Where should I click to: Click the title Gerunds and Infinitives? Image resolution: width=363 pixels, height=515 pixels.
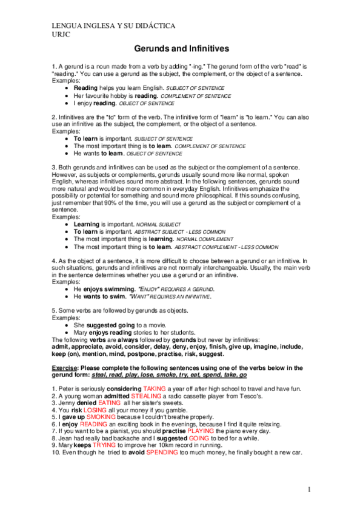181,49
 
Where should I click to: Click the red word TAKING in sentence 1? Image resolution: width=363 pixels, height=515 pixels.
155,388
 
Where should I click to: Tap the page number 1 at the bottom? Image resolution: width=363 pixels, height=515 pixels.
308,489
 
